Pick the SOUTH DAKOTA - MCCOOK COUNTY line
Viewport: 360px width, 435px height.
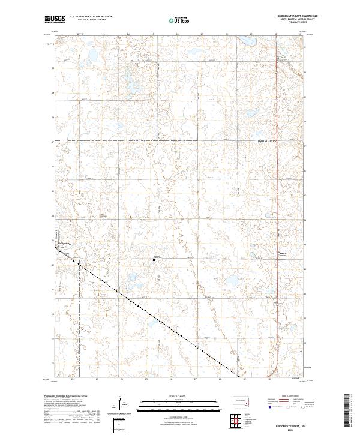[x=289, y=23]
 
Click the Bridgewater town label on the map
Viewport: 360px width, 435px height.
[x=64, y=244]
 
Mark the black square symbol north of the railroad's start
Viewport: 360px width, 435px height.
[x=100, y=220]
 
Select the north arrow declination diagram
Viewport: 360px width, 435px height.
[x=122, y=405]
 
